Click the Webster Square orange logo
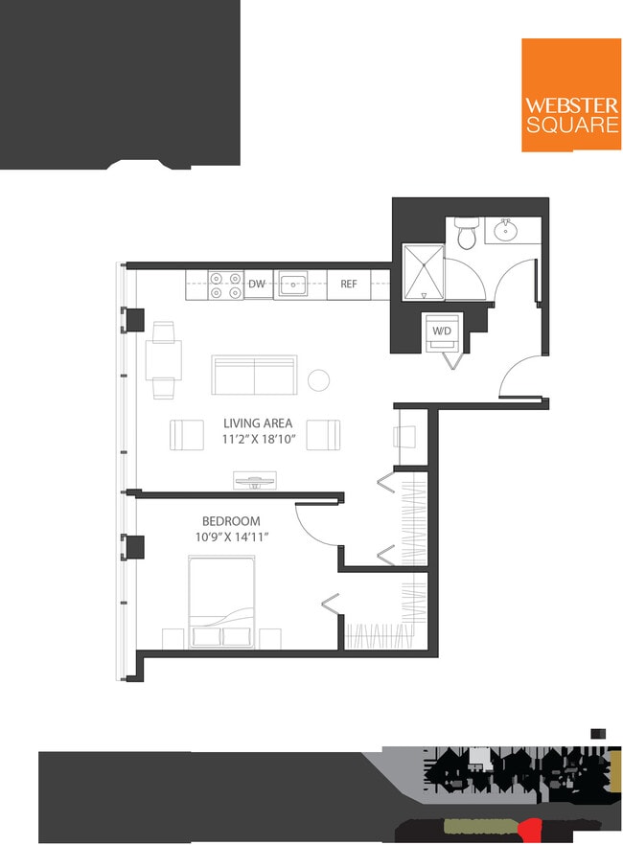click(x=571, y=95)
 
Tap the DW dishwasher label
click(x=257, y=285)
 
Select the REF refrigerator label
click(x=349, y=285)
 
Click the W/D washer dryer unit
click(x=442, y=331)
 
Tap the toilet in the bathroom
click(x=467, y=233)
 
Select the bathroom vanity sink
click(x=506, y=230)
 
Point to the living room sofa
click(x=254, y=375)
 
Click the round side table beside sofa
click(x=318, y=380)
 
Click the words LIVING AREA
click(x=258, y=422)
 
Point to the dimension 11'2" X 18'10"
click(x=258, y=440)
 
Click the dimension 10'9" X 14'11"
click(x=230, y=537)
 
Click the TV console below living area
click(x=255, y=478)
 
